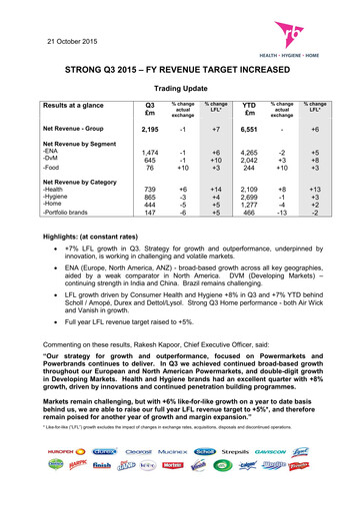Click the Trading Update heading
pyautogui.click(x=180, y=88)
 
